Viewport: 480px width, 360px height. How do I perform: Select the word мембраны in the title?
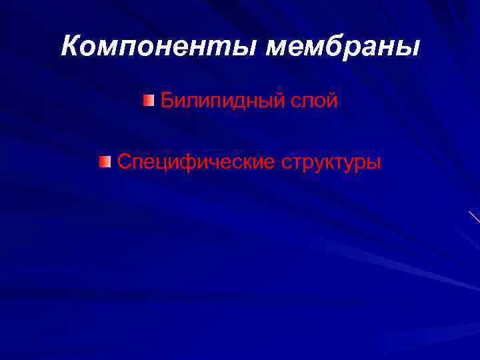[343, 47]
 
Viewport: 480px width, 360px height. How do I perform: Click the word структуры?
[331, 163]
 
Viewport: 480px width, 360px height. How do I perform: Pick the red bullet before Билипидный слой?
[148, 101]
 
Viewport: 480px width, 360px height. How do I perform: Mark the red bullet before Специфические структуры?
[104, 161]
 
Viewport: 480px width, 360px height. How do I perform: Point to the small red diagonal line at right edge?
[474, 216]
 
